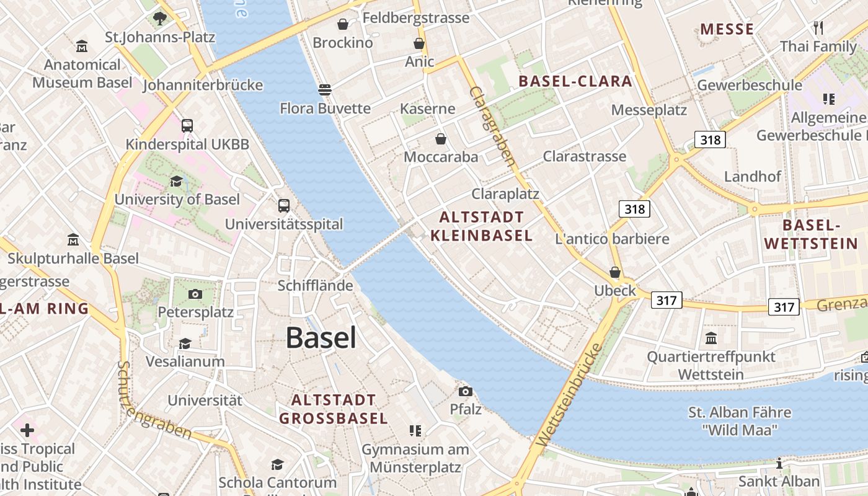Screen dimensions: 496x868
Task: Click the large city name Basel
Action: tap(321, 338)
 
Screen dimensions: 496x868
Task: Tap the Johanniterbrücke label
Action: tap(203, 86)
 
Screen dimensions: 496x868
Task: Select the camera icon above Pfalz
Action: tap(465, 391)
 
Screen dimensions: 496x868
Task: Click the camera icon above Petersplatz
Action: tap(195, 294)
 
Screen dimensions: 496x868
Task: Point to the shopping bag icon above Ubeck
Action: tap(614, 272)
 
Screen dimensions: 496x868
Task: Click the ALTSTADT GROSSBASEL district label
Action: tap(334, 409)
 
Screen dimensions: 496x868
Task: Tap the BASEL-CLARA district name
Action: tap(575, 81)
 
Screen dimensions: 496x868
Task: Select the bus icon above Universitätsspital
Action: tap(283, 206)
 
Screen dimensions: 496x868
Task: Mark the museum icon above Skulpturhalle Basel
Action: tap(73, 240)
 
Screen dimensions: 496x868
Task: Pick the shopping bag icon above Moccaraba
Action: tap(441, 139)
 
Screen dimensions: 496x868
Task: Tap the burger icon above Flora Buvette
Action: tap(324, 90)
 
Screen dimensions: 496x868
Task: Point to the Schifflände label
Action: tap(315, 286)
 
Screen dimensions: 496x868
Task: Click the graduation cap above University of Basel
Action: tap(177, 181)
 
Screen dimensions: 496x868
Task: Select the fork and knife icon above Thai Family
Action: tap(818, 28)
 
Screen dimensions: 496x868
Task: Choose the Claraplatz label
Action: tap(505, 194)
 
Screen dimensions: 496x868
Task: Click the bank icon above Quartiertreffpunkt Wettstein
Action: tap(711, 339)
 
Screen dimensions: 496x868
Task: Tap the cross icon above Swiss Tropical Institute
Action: tap(27, 430)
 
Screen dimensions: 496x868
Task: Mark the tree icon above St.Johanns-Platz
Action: tap(160, 18)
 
